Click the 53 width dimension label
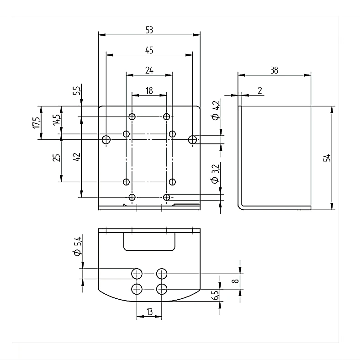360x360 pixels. [149, 30]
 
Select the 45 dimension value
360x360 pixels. [149, 50]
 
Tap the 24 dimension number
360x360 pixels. [149, 70]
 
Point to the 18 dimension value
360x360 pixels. [149, 90]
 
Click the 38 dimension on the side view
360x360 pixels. [274, 70]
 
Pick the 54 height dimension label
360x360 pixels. [327, 158]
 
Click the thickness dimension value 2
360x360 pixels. [259, 90]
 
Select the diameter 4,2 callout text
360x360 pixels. [216, 110]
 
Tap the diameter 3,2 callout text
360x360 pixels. [215, 174]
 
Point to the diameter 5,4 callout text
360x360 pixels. [77, 246]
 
